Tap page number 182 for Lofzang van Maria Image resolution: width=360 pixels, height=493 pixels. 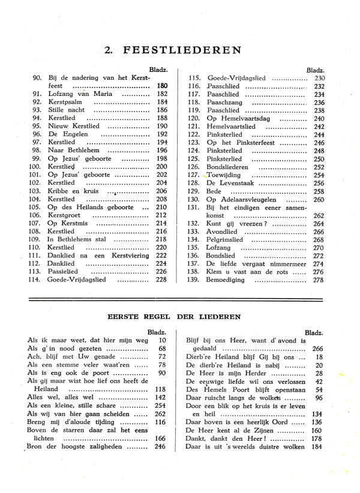coord(162,94)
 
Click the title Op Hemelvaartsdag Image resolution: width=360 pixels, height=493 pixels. coord(238,119)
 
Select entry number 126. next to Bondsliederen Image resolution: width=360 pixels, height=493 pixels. coord(193,167)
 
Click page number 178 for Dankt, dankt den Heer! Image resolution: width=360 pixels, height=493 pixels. coord(317,438)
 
